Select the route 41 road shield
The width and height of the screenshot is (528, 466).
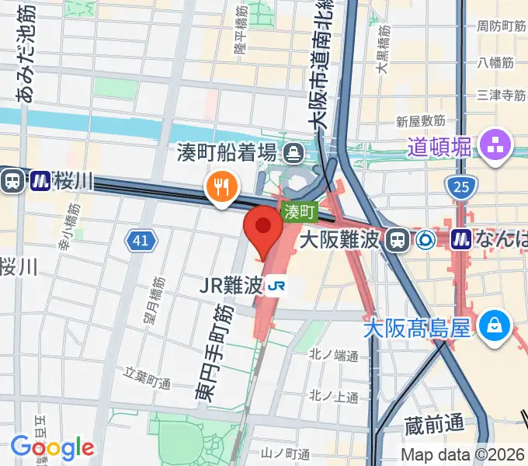tap(140, 242)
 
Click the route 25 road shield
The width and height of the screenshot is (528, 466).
tap(459, 186)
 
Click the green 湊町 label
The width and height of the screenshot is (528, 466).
tap(300, 211)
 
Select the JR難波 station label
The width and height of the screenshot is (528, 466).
tap(231, 286)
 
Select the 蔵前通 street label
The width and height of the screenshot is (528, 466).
tap(434, 424)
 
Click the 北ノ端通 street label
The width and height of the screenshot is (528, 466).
tap(333, 356)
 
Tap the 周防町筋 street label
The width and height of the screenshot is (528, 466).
tap(496, 26)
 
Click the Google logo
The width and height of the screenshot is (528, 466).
tap(52, 447)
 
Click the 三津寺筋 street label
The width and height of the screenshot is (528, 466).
tap(501, 96)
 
